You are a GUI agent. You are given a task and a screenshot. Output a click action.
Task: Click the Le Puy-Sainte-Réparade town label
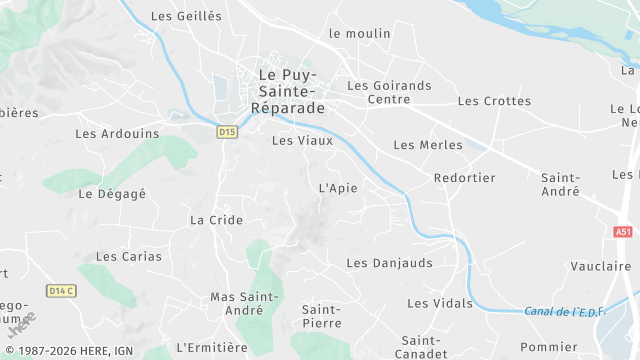point(287,91)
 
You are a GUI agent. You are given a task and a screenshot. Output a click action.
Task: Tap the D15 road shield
point(227,131)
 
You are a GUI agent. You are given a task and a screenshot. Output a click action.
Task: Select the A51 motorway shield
point(623,231)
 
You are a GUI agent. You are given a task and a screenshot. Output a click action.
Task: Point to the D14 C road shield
point(61,291)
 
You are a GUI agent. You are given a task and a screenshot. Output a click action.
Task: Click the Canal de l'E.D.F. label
point(565,312)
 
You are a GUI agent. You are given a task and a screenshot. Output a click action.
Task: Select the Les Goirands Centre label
point(389,92)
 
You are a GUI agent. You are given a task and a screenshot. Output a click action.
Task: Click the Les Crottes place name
point(494,101)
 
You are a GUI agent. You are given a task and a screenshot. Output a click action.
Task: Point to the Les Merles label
point(428,145)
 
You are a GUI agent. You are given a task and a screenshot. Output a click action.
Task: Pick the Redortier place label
point(465,178)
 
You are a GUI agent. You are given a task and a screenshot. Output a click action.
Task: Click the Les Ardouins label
point(117,133)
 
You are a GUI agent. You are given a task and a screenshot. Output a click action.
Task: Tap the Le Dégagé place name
point(112,194)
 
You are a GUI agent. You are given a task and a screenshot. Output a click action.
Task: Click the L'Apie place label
point(337,188)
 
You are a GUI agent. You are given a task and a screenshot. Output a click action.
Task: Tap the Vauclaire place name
point(600,266)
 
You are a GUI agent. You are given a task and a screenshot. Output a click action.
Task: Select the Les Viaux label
point(302,141)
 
